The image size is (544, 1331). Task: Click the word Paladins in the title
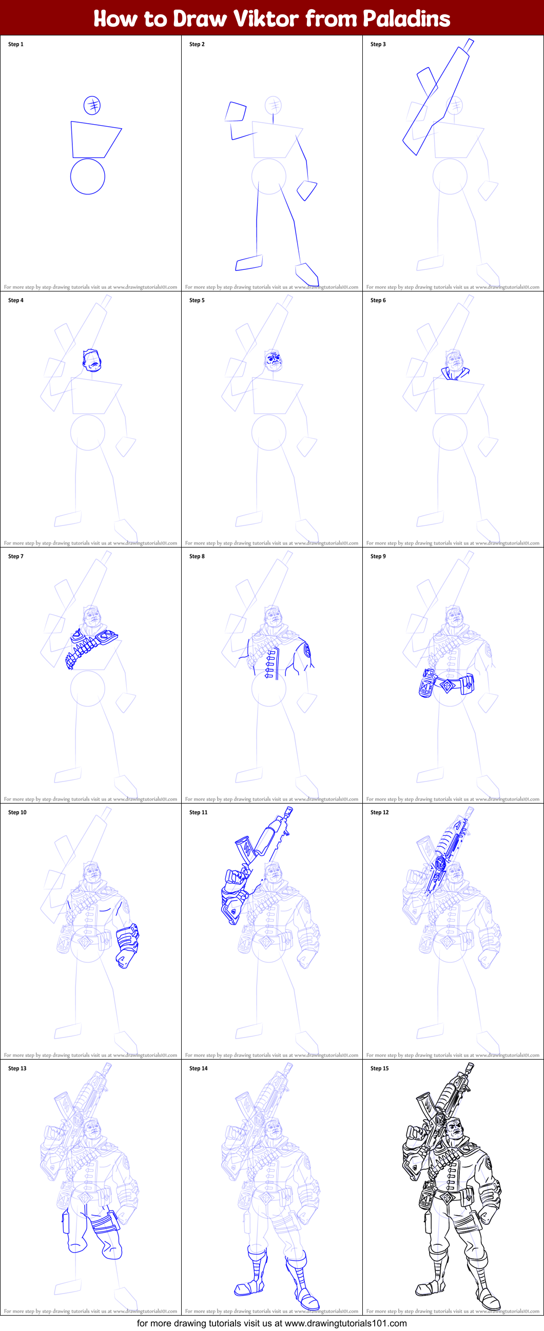406,18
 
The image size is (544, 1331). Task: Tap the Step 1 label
15,45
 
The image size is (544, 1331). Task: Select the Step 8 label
197,557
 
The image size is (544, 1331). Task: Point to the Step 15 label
379,1068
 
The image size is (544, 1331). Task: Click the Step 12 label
379,812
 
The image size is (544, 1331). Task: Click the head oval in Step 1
92,105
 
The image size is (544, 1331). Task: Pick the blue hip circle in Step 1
88,177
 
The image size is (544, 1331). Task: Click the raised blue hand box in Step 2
236,112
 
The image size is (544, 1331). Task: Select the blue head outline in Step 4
91,360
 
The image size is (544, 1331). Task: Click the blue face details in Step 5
274,359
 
